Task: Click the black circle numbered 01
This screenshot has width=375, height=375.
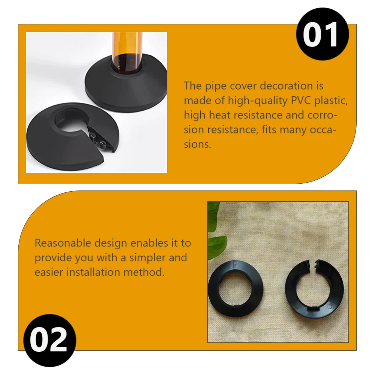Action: [x=322, y=34]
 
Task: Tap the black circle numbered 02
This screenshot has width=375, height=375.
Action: [x=49, y=340]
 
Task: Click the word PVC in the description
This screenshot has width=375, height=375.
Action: [x=301, y=100]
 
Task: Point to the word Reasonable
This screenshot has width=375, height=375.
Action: [x=63, y=243]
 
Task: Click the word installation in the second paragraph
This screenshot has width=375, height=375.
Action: [x=93, y=272]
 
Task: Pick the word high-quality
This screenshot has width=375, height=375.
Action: [x=258, y=101]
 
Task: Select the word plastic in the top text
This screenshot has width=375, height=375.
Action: [x=331, y=101]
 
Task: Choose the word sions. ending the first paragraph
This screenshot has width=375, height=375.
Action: [x=197, y=144]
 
